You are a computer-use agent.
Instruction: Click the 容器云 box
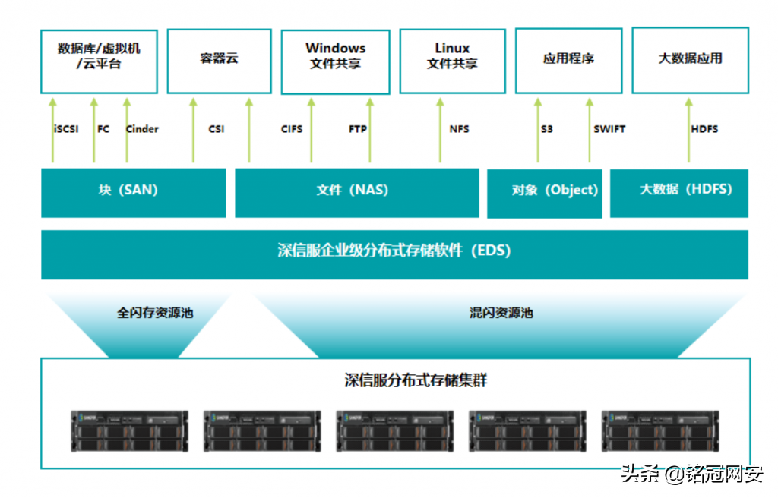point(219,59)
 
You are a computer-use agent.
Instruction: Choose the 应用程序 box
point(568,59)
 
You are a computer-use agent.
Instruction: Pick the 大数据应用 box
point(690,59)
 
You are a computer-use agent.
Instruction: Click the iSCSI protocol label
point(66,129)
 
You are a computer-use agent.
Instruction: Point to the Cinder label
point(142,129)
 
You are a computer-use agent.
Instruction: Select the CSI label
point(217,129)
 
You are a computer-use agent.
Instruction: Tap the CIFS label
point(292,129)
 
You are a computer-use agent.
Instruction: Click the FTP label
point(358,129)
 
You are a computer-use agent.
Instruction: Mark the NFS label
point(459,129)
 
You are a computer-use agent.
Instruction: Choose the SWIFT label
point(609,129)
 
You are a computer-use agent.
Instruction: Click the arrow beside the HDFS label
point(689,129)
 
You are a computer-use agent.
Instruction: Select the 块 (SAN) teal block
point(133,191)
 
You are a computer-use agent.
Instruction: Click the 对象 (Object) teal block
point(544,192)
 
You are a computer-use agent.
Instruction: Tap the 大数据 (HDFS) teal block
point(679,191)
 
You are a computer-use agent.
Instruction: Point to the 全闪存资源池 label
point(155,313)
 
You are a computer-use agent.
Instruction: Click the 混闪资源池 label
point(501,313)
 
